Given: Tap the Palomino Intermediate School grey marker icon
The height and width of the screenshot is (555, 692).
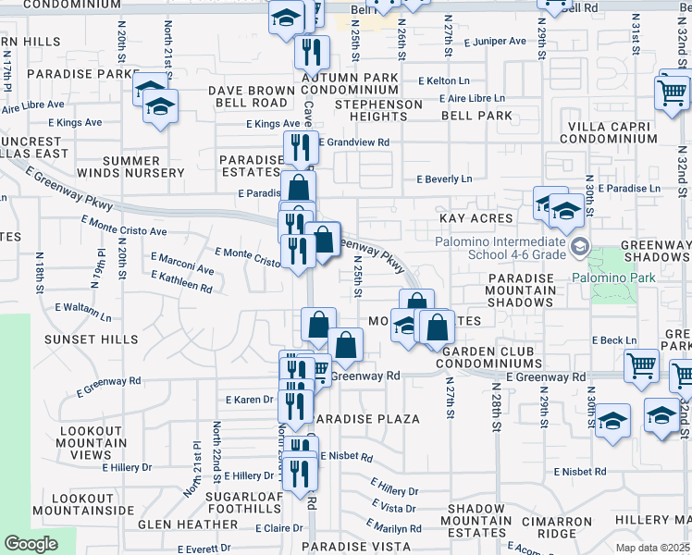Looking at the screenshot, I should click(580, 246).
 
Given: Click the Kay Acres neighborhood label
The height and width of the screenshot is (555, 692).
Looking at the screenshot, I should click(477, 218).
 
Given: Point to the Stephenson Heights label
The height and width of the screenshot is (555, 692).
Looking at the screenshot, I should click(378, 110).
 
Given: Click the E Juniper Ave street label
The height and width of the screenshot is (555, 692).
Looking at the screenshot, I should click(495, 42).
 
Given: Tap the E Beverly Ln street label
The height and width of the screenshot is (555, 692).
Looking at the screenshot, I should click(444, 179).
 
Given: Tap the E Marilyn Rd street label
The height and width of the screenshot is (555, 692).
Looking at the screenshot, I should click(392, 529).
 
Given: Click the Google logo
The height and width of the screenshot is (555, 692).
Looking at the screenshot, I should click(31, 544).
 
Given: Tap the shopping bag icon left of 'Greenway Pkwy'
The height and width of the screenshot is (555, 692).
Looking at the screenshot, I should click(323, 241).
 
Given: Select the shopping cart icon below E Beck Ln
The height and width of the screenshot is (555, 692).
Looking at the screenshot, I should click(641, 367).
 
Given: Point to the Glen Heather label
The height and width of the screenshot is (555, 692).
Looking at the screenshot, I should click(188, 524).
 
